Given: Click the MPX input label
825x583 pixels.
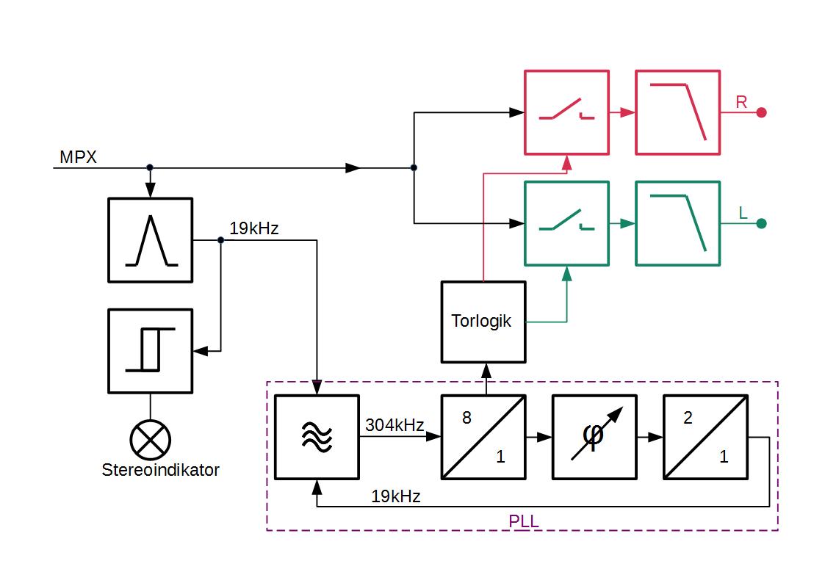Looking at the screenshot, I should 78,156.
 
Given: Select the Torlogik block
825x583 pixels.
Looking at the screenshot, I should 483,322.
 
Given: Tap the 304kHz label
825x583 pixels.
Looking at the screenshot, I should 395,425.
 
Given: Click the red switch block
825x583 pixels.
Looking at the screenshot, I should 566,112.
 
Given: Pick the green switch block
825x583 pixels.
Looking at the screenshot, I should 566,223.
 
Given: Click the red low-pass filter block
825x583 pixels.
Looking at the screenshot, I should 677,112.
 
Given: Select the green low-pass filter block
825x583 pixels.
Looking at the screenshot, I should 677,223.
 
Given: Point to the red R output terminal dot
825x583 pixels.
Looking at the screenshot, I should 762,112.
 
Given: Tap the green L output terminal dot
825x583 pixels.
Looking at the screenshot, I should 762,223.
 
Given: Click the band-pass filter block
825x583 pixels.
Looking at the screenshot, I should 150,240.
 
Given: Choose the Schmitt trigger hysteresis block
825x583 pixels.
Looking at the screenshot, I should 150,351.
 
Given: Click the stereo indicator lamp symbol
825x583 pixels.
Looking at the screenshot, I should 150,439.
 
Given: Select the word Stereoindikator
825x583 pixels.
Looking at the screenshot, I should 160,470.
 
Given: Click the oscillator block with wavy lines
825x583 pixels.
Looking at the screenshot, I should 317,437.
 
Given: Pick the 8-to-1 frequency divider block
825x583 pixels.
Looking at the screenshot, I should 483,437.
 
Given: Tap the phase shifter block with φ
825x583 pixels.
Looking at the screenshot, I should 594,437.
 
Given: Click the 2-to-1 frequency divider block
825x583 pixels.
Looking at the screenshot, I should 705,437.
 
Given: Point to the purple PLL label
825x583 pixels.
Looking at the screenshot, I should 524,521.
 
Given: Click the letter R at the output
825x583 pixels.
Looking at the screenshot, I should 741,102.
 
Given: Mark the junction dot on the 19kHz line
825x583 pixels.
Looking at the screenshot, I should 220,240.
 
